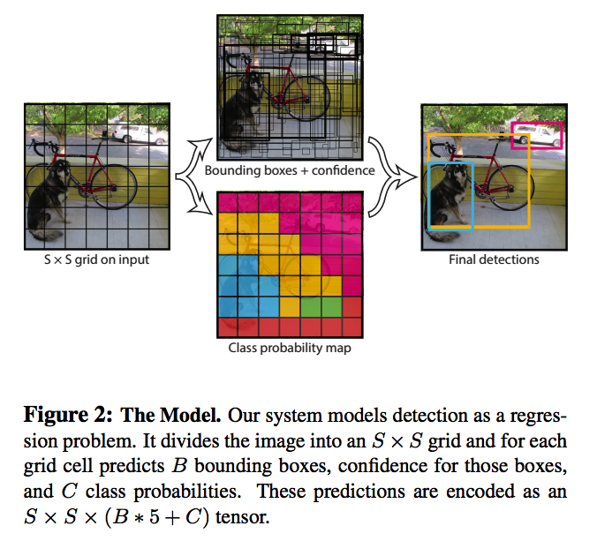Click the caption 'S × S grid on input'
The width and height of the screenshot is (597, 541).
[97, 259]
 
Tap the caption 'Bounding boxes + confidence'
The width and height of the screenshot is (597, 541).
[290, 170]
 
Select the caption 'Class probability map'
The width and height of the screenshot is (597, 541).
[290, 348]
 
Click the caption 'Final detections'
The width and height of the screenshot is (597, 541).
[494, 259]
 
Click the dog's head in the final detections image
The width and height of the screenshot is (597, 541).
[459, 172]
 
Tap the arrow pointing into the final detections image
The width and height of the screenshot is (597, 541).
[392, 177]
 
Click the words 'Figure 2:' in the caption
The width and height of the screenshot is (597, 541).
[68, 415]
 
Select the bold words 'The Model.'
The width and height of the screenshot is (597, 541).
[170, 415]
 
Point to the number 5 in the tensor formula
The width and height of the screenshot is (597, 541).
[155, 516]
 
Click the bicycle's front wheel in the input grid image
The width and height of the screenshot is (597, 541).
[114, 186]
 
